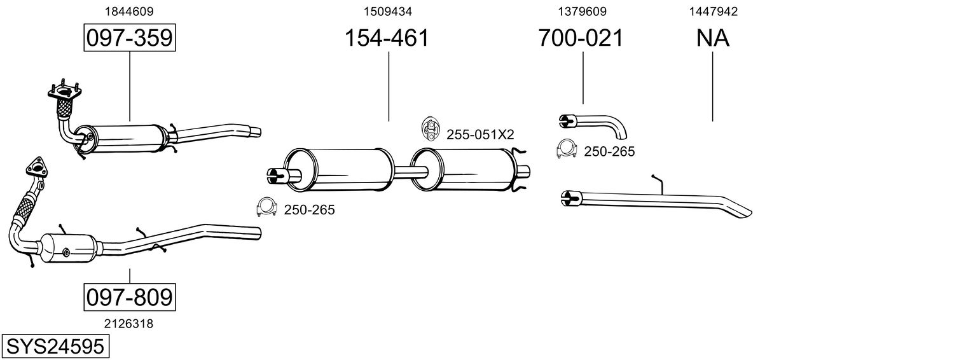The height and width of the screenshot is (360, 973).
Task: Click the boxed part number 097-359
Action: coord(130,38)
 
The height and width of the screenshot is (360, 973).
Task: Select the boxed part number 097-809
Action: coord(130,297)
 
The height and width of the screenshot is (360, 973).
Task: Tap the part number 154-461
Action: coord(387,38)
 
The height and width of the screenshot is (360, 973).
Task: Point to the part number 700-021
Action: coord(581,38)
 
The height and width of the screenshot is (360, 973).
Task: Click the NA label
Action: coord(713,38)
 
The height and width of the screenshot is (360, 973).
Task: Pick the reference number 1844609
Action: coord(129,11)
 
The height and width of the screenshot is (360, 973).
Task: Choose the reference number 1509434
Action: coord(387,11)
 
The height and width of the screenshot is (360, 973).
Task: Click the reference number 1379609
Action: coord(582,11)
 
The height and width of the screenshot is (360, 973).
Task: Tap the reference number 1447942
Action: coord(714,11)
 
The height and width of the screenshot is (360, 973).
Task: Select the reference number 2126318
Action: coord(128,324)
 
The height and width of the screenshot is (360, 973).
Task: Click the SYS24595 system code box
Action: coord(55,347)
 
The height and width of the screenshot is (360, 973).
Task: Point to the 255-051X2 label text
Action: coord(480,135)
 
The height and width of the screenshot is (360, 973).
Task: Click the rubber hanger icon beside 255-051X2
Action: coord(430,128)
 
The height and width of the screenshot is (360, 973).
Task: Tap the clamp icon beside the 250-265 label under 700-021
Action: coord(567,149)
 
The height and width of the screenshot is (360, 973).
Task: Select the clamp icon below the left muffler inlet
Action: coord(266,207)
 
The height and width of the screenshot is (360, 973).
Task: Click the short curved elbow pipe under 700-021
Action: coord(593,125)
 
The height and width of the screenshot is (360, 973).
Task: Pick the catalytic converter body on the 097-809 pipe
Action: coord(69,249)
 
